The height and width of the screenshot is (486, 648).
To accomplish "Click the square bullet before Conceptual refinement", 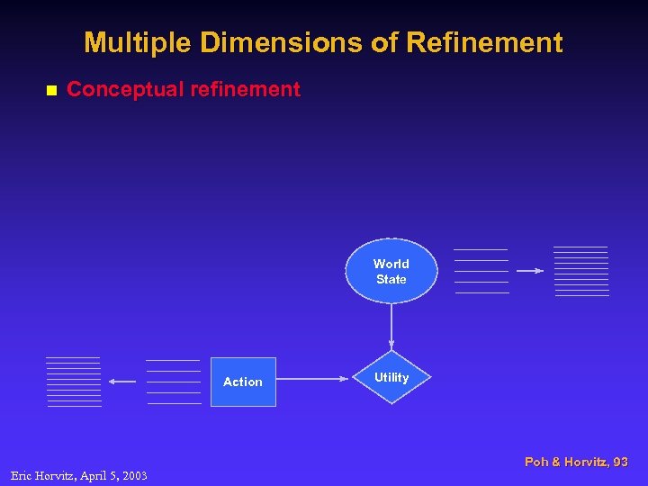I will click(51, 90).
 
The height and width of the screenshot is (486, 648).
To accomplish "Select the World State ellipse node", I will click(391, 271).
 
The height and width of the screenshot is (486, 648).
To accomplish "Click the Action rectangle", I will click(243, 382).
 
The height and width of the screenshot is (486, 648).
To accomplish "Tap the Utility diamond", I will click(391, 378).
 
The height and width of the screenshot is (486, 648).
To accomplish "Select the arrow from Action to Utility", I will click(311, 379).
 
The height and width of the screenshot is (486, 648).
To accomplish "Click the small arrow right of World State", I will click(531, 270).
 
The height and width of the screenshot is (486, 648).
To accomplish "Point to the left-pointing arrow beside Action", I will click(122, 382).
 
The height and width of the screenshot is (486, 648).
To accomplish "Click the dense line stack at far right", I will click(581, 271).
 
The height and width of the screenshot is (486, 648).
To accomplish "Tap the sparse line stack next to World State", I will click(481, 271).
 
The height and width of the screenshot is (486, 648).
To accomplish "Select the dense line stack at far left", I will click(74, 382).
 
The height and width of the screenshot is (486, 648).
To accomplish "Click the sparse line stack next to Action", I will click(174, 382).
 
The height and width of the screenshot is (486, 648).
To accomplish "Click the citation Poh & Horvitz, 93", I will click(576, 462).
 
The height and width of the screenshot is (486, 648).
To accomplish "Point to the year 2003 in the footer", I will click(134, 475).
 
